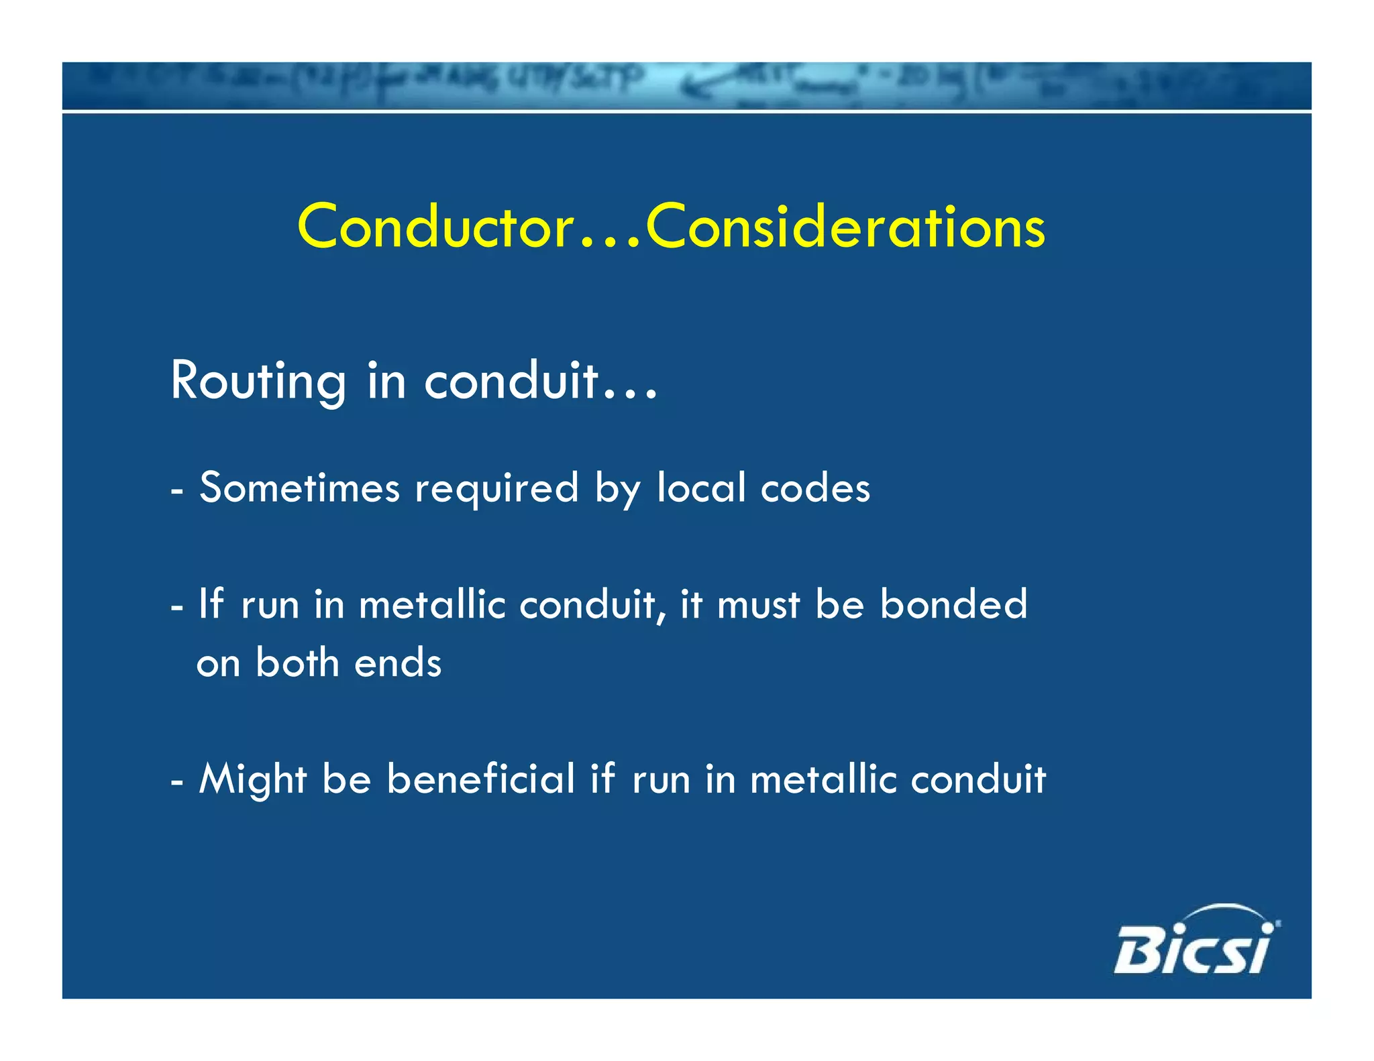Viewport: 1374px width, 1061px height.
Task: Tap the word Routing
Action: click(258, 381)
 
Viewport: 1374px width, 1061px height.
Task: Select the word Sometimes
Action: click(299, 488)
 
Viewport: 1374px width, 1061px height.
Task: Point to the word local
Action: click(700, 488)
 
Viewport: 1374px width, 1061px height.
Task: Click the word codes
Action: click(815, 488)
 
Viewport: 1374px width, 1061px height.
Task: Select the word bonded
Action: click(953, 604)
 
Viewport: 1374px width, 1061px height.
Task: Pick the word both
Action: click(297, 663)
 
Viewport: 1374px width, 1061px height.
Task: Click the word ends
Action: click(397, 663)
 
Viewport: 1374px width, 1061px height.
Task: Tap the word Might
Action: click(252, 780)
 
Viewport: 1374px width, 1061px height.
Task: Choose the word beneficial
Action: click(480, 779)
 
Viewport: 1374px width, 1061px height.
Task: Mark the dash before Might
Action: click(177, 782)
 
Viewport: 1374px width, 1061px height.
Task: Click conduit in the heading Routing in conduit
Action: click(511, 381)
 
